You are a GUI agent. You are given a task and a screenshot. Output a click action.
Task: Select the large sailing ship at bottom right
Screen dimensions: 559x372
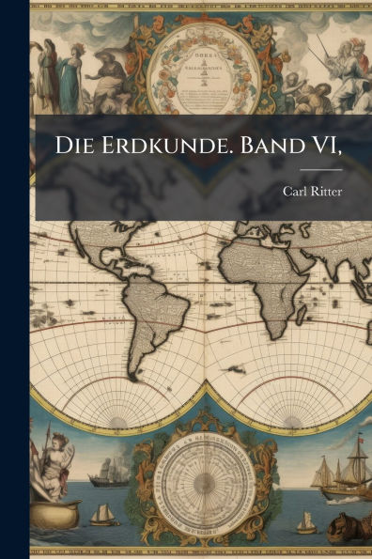click(x=344, y=470)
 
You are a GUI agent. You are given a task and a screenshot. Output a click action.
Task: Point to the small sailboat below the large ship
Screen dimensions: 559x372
click(x=306, y=522)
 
